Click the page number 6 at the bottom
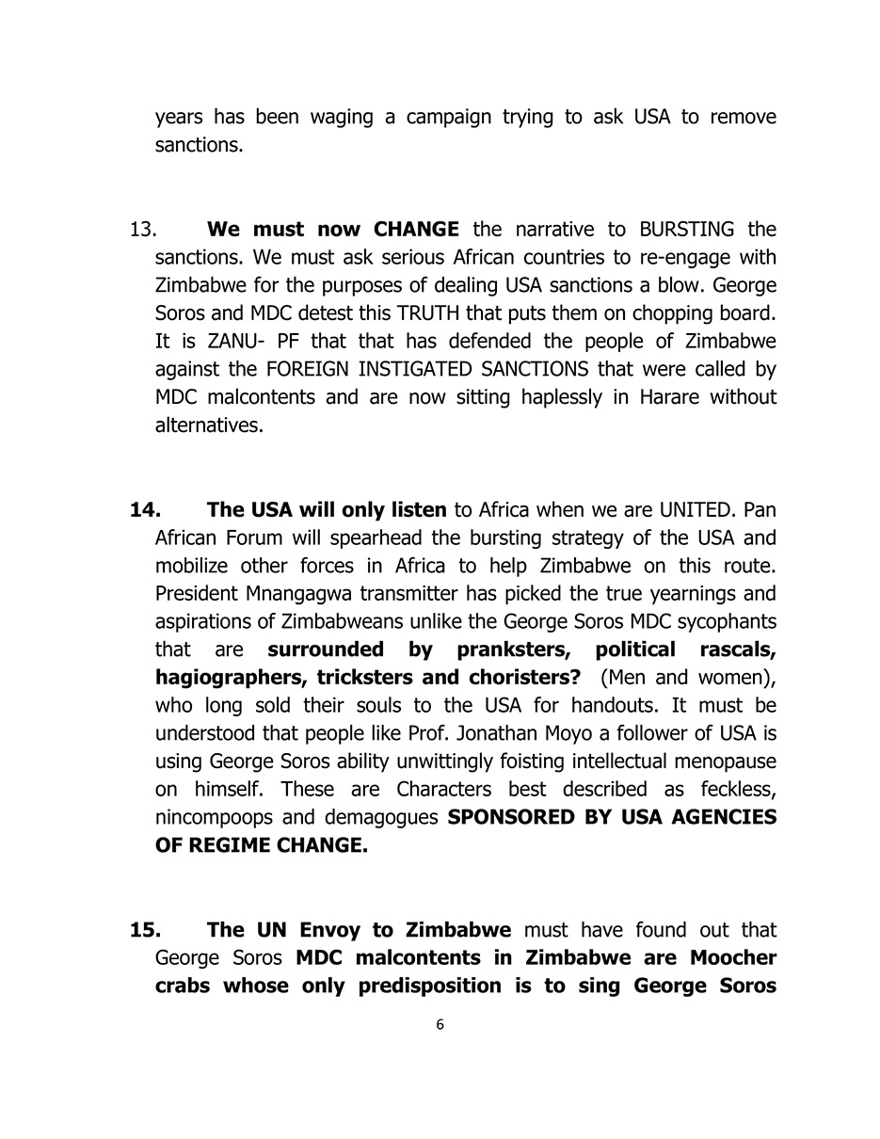pyautogui.click(x=440, y=1024)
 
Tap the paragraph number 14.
pyautogui.click(x=145, y=510)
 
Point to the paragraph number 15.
pyautogui.click(x=145, y=930)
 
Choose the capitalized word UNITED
pyautogui.click(x=696, y=510)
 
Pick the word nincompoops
pyautogui.click(x=209, y=817)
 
